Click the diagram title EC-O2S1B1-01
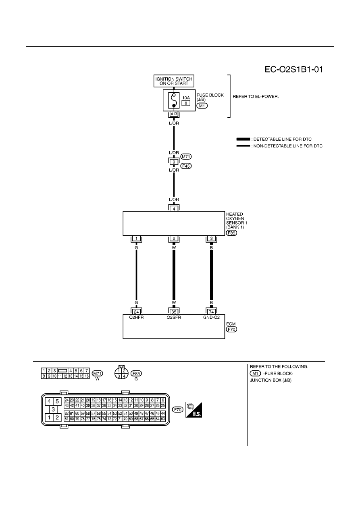click(293, 69)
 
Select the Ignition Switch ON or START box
click(174, 81)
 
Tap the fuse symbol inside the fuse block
click(174, 100)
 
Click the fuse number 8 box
click(186, 103)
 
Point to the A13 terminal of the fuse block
click(174, 114)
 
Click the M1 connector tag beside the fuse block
click(202, 106)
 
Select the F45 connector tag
click(186, 166)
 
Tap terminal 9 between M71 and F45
click(174, 162)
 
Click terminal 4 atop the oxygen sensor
click(174, 209)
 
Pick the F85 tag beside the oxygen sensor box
click(231, 233)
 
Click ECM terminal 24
click(136, 312)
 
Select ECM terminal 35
click(174, 312)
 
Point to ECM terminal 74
click(211, 312)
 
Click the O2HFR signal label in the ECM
click(136, 317)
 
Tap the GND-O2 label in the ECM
click(211, 317)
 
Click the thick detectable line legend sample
click(243, 139)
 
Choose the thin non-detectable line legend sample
click(243, 146)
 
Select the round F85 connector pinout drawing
click(121, 373)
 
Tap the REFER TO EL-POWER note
click(256, 97)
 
